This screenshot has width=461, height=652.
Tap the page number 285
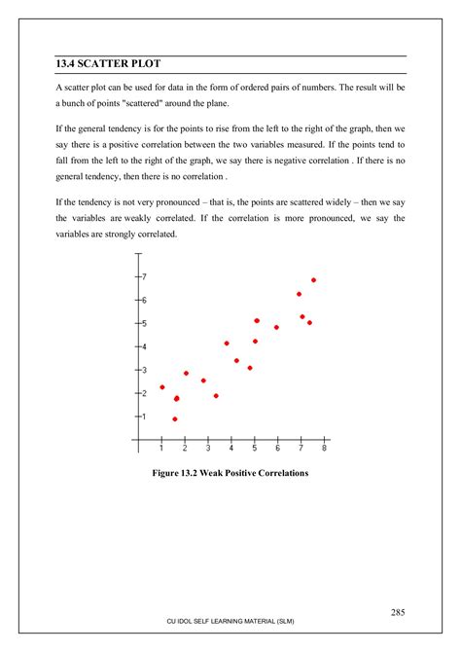[398, 612]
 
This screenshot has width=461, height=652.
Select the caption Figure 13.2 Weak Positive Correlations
[230, 473]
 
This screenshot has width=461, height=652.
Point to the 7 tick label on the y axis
[144, 277]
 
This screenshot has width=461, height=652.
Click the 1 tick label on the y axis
[144, 417]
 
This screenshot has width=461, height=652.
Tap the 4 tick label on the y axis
[144, 346]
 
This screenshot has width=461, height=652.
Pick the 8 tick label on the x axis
[324, 449]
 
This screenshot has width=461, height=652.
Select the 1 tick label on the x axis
[161, 449]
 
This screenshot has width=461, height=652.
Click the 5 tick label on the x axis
[255, 449]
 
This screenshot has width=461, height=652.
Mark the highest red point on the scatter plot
[313, 280]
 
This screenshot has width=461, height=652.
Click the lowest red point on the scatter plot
[175, 419]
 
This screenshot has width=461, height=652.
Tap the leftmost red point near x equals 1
[162, 387]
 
